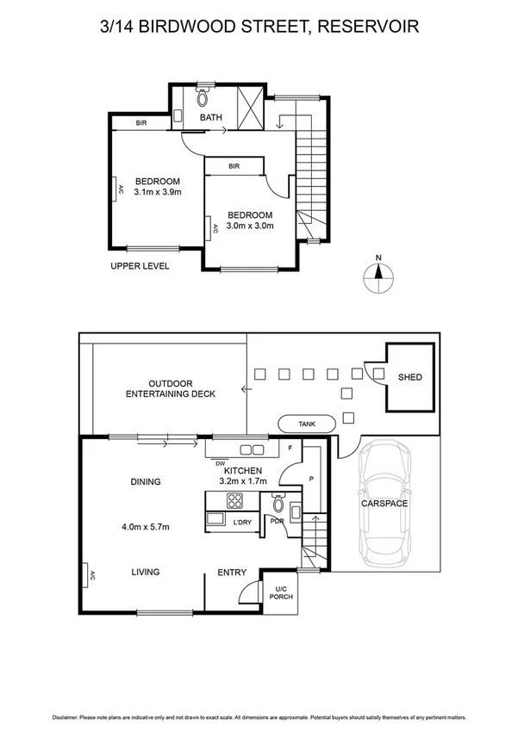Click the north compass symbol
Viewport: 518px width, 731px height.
click(x=378, y=277)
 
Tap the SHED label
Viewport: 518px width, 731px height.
click(x=410, y=377)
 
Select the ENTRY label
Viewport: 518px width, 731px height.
click(x=232, y=573)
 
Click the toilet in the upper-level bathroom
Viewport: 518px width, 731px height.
click(x=204, y=97)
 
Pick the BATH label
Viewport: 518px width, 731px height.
click(x=212, y=118)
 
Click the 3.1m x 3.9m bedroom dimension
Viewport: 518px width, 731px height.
click(x=157, y=193)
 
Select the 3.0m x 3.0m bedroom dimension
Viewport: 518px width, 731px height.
click(x=250, y=226)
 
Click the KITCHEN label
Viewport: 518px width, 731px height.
click(x=244, y=471)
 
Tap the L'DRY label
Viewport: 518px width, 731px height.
click(x=243, y=522)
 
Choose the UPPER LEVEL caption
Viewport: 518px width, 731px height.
click(x=140, y=266)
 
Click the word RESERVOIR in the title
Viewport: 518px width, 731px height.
click(x=369, y=27)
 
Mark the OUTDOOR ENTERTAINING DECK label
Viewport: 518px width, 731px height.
click(x=170, y=388)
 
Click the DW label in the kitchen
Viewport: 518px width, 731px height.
click(x=220, y=462)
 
